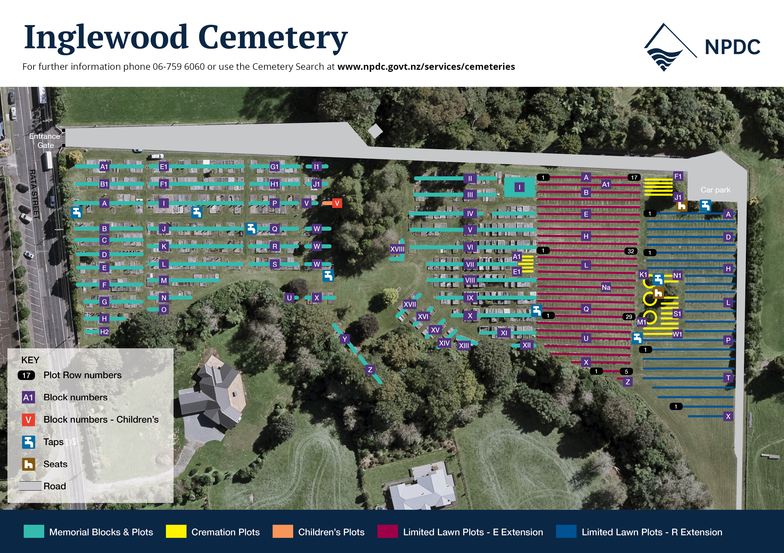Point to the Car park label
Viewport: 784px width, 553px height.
point(715,190)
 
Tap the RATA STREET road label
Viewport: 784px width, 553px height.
point(34,194)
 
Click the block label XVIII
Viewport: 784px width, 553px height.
point(397,249)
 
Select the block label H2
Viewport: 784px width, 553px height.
point(104,332)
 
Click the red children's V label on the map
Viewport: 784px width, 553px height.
point(337,203)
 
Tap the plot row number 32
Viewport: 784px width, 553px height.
point(631,251)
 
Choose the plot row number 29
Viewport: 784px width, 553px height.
point(629,317)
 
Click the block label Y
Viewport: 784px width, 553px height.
point(344,339)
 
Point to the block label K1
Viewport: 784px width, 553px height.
point(643,275)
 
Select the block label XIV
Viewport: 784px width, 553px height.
point(444,343)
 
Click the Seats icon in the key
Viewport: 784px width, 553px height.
point(29,464)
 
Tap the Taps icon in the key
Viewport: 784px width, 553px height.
point(29,442)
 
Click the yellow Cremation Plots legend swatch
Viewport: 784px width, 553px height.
point(176,531)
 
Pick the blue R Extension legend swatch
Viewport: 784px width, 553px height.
point(566,531)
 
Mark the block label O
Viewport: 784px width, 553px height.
point(164,310)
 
